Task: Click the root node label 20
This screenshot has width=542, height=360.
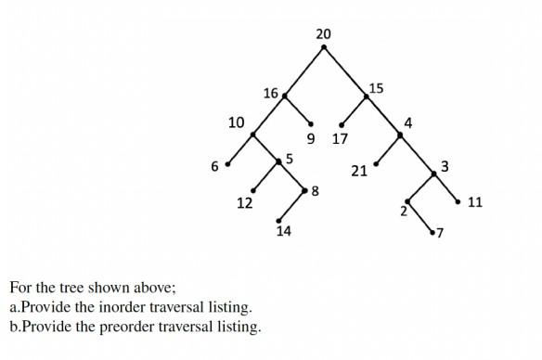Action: pyautogui.click(x=323, y=34)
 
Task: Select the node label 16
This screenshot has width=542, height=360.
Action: pyautogui.click(x=270, y=93)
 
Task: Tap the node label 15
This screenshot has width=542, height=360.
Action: pyautogui.click(x=375, y=88)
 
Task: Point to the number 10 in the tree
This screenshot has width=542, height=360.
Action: pyautogui.click(x=237, y=122)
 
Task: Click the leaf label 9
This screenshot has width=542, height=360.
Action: pyautogui.click(x=310, y=139)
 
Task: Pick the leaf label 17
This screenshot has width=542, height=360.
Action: pyautogui.click(x=340, y=139)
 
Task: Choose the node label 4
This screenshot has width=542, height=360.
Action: pyautogui.click(x=408, y=122)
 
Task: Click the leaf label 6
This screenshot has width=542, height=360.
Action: pyautogui.click(x=214, y=167)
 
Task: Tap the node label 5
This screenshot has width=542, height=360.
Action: pyautogui.click(x=290, y=159)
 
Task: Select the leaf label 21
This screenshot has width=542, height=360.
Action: pyautogui.click(x=359, y=171)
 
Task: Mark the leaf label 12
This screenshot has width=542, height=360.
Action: pyautogui.click(x=245, y=203)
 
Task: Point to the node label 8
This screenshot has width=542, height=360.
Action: pyautogui.click(x=316, y=191)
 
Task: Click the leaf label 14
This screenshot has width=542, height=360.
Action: pyautogui.click(x=283, y=231)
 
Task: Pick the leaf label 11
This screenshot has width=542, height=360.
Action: pyautogui.click(x=475, y=201)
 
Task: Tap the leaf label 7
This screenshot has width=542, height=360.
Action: pyautogui.click(x=440, y=232)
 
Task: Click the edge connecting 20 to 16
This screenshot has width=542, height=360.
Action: pyautogui.click(x=303, y=70)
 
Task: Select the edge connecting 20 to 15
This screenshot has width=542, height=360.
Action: pyautogui.click(x=344, y=70)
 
